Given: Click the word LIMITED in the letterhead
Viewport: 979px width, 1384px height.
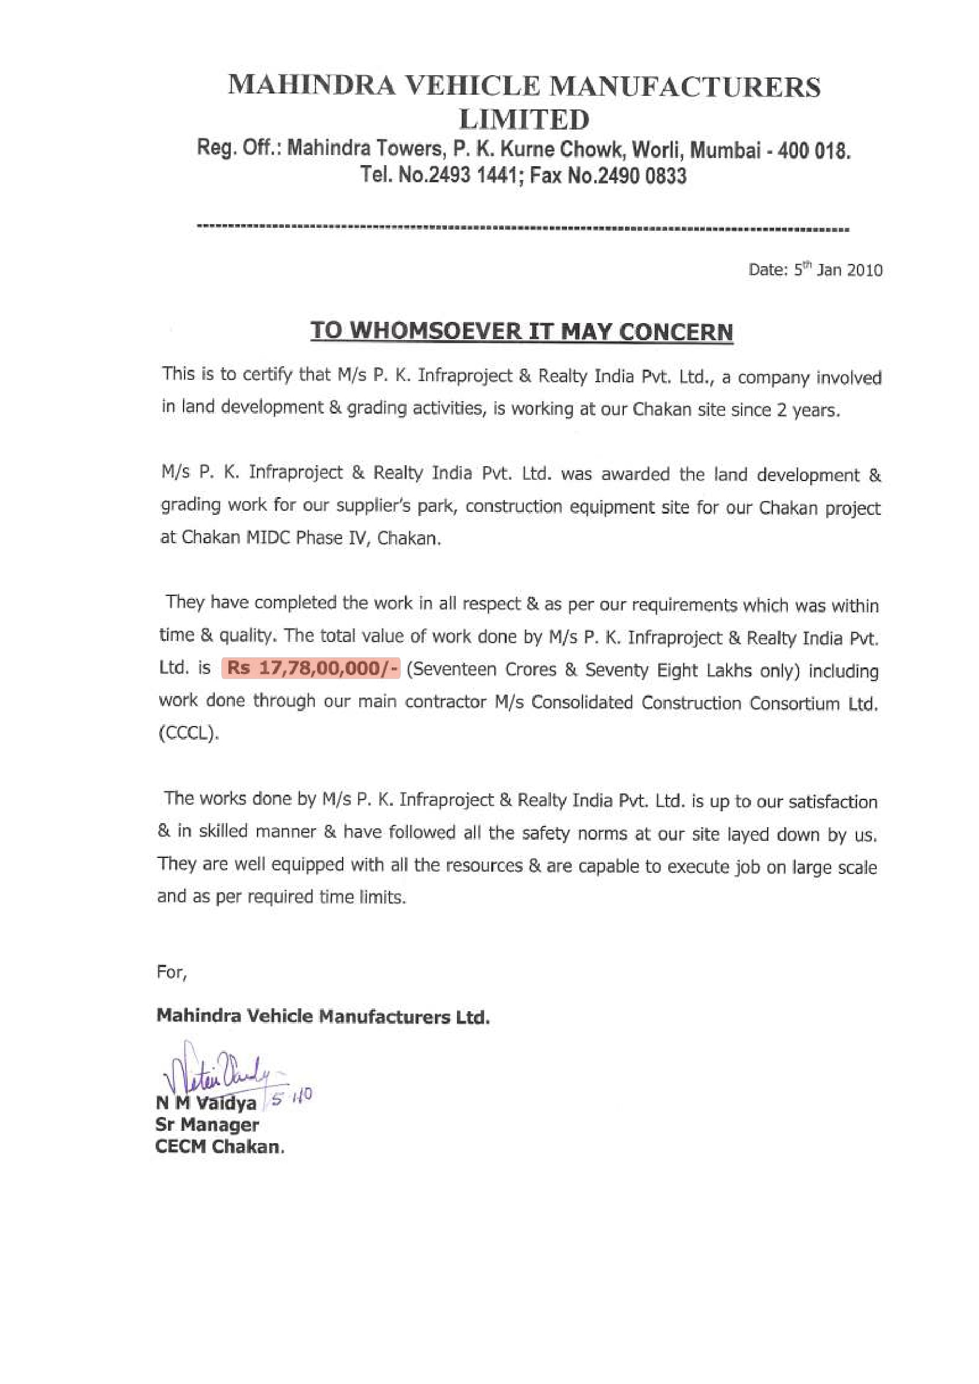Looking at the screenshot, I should [x=524, y=120].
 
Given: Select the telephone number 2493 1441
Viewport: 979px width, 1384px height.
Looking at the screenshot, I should [x=472, y=175].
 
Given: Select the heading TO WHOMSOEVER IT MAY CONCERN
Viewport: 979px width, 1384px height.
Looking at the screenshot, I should [x=521, y=331].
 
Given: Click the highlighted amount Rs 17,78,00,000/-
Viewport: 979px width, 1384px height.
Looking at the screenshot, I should [x=311, y=669].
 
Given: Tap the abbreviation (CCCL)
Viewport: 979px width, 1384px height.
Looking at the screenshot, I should [x=188, y=733].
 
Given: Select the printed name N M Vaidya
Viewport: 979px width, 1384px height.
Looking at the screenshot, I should [x=206, y=1104].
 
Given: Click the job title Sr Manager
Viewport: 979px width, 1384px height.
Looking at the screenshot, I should [x=207, y=1125].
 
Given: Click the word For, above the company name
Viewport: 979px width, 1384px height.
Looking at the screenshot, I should [x=172, y=972].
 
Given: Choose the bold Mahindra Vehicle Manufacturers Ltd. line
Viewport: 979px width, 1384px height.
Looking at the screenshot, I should [x=323, y=1017].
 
